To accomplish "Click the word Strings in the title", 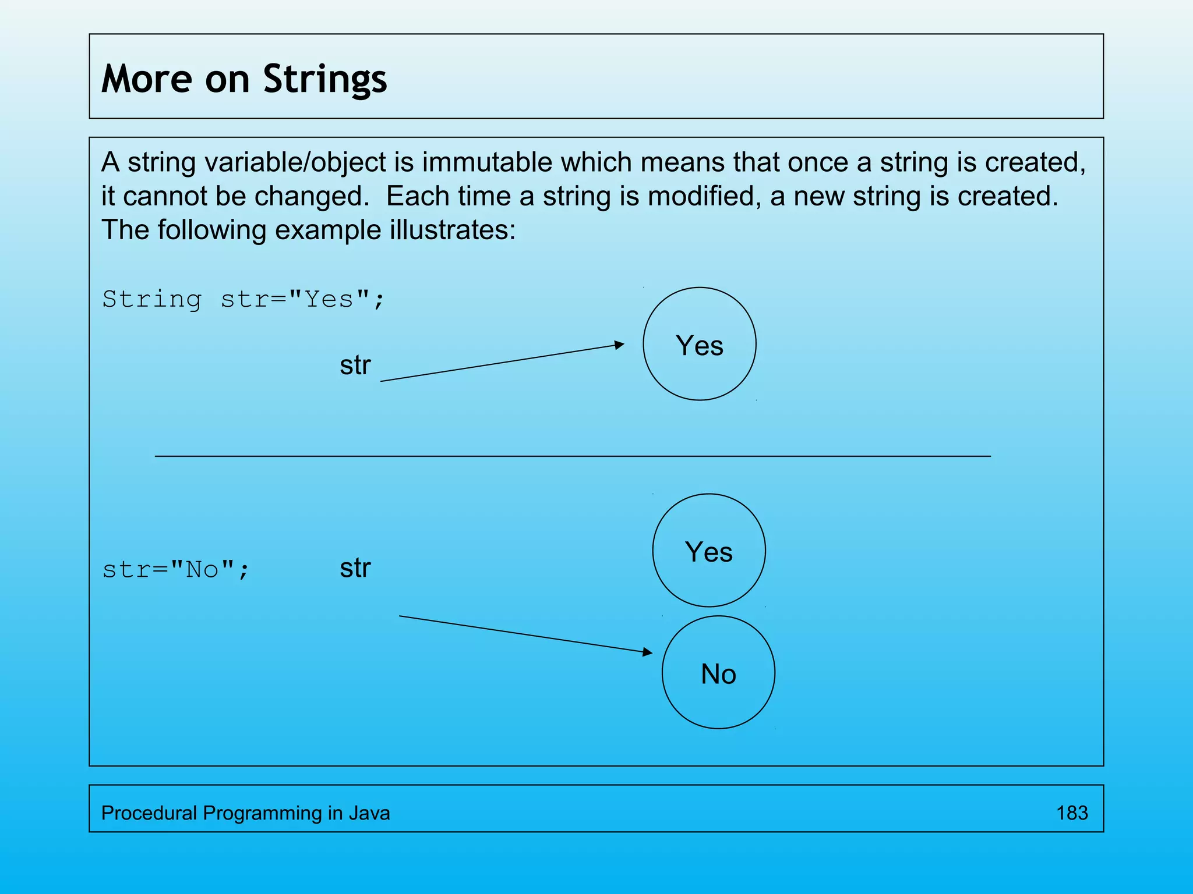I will [324, 79].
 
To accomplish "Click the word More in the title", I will [146, 79].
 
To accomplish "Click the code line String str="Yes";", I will [243, 299].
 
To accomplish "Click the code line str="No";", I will [175, 569].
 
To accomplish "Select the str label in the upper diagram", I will [355, 366].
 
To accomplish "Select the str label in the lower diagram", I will [355, 568].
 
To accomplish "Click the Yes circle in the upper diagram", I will [699, 344].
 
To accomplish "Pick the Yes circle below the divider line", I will [708, 551].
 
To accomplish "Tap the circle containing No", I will [718, 672].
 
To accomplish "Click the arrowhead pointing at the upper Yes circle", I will [620, 345].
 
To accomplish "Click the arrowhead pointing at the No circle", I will [648, 652].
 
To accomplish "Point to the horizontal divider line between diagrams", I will [572, 456].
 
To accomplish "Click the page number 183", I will [1072, 813].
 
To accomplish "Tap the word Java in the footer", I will [369, 813].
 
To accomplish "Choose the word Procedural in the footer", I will [149, 813].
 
